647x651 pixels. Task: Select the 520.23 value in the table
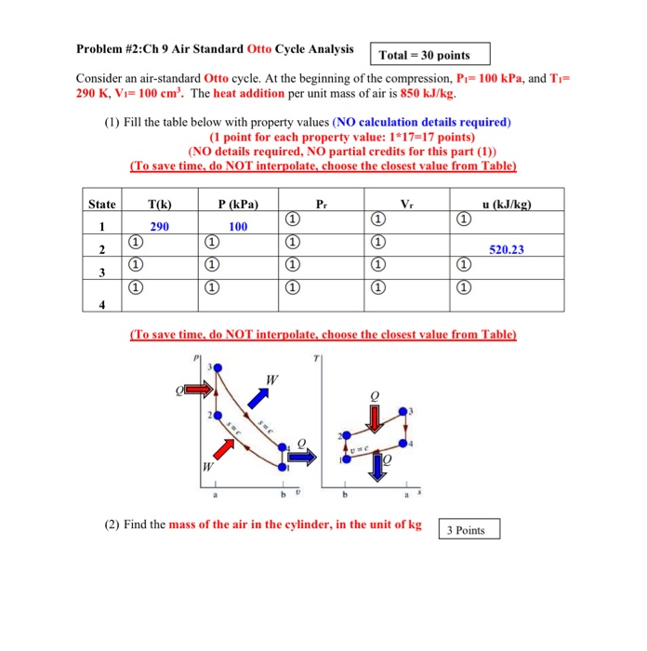505,249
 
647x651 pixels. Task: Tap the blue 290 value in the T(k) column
159,226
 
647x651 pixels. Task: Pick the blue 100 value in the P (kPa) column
239,226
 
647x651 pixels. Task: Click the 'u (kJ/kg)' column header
505,204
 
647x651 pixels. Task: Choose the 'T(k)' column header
159,204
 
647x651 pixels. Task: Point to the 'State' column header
101,204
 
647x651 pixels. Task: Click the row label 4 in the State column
101,304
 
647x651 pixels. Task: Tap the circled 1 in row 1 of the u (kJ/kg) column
464,219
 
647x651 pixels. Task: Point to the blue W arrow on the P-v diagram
260,396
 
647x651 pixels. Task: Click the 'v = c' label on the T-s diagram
355,447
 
